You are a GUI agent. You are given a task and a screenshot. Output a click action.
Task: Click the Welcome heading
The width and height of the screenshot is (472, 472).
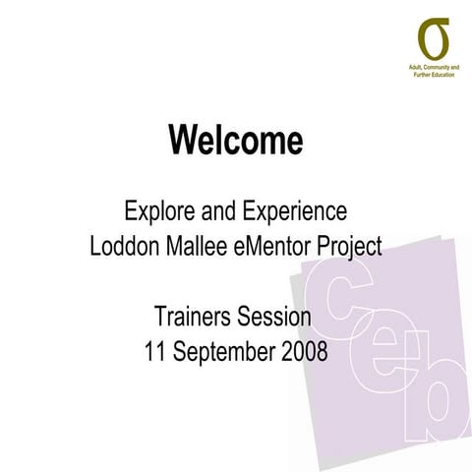tap(235, 141)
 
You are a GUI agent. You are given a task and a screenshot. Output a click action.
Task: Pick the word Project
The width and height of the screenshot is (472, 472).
tap(350, 246)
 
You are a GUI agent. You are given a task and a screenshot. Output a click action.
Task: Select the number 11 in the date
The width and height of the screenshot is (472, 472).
tap(153, 351)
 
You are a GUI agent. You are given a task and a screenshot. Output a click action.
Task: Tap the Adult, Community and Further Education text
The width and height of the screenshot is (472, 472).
tap(433, 70)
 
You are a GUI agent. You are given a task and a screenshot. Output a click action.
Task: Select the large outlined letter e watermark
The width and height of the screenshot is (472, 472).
tap(384, 355)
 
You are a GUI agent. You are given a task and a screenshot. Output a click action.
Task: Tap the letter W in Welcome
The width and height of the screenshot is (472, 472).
tap(184, 141)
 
